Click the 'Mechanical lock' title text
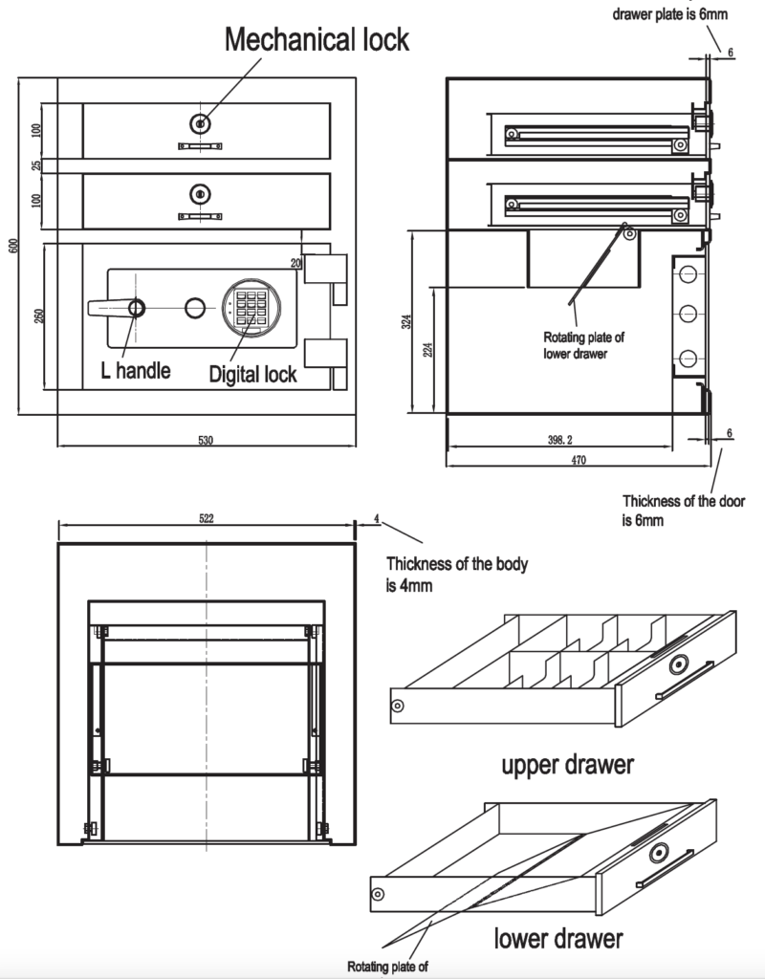pos(317,39)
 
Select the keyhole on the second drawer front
pos(199,194)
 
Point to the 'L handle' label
pos(136,370)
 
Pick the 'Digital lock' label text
pos(253,374)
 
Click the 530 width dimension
pos(205,441)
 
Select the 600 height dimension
pos(13,246)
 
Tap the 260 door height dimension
pos(36,316)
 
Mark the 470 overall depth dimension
pos(578,461)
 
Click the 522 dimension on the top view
pos(206,518)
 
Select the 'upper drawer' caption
pos(568,765)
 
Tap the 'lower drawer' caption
pos(559,938)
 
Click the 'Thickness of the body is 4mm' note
pos(456,574)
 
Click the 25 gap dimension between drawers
pos(36,165)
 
